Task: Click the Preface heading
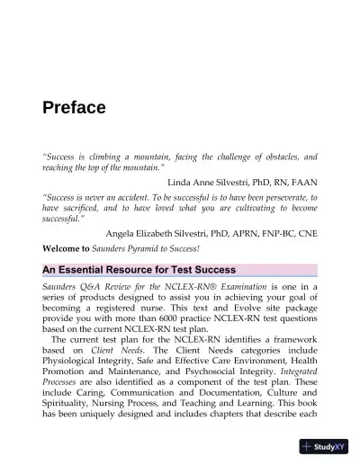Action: pos(75,109)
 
